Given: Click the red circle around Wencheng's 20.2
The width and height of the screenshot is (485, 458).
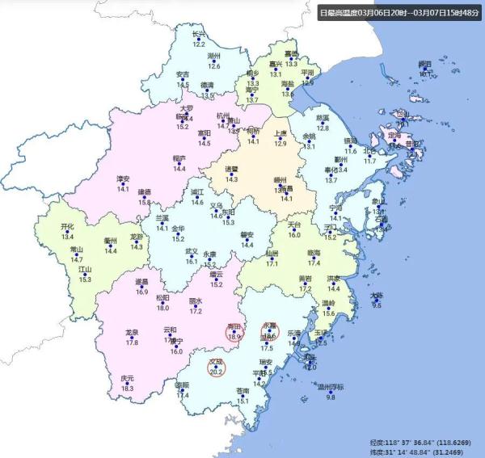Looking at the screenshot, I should point(217,368).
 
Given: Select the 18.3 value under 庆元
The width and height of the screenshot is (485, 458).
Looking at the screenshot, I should point(128,389).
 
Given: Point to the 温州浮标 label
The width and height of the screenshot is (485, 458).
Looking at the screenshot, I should point(331,387).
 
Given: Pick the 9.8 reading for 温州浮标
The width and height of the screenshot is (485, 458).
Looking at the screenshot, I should point(331,397).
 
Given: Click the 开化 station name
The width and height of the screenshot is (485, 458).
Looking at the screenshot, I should point(67,228).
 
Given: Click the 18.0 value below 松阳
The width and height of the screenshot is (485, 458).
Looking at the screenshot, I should point(163,308).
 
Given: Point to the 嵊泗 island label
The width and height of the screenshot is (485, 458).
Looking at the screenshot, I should point(425,63).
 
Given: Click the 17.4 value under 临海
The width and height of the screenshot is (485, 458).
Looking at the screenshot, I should point(314,263).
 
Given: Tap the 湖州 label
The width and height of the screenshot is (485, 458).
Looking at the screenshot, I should point(214,56).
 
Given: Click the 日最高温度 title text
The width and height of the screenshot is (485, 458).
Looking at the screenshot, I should point(400,12).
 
